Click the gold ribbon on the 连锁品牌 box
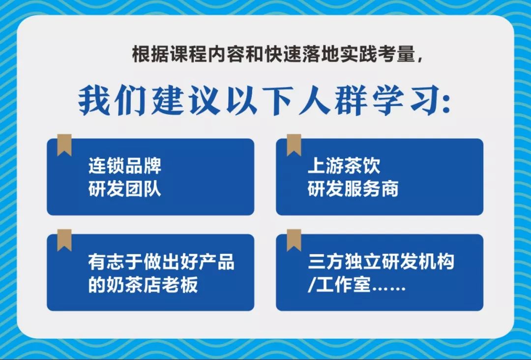click(64, 145)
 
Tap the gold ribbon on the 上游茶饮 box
click(294, 145)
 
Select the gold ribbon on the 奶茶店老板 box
click(64, 240)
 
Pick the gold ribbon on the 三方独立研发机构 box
click(294, 240)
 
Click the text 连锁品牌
click(124, 166)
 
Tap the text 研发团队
click(124, 189)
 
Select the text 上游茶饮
click(344, 166)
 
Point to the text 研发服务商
click(353, 189)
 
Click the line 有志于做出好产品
click(161, 262)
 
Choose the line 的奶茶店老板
click(143, 284)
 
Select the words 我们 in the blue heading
click(112, 101)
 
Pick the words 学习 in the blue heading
click(405, 101)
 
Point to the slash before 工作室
click(311, 284)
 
